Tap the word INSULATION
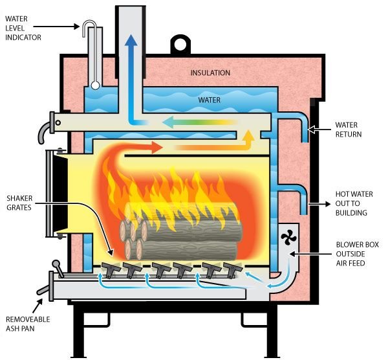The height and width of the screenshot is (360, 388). (x=210, y=73)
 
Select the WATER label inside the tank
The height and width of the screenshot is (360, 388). (x=210, y=100)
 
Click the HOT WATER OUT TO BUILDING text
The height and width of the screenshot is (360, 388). (x=351, y=203)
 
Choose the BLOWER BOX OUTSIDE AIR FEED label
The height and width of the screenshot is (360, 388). (x=358, y=254)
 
